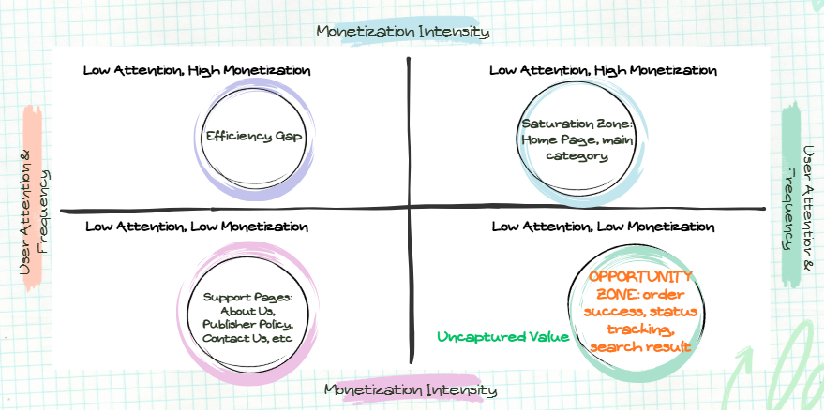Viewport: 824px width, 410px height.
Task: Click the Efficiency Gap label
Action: pyautogui.click(x=247, y=136)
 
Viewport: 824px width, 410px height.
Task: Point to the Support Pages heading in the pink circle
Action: pyautogui.click(x=247, y=297)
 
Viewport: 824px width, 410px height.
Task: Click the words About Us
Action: pyautogui.click(x=247, y=310)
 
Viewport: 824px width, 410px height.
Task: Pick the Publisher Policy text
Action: pyautogui.click(x=247, y=323)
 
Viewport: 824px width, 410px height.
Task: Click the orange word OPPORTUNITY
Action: pyautogui.click(x=642, y=276)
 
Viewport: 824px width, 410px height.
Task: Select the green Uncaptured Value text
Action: pyautogui.click(x=502, y=336)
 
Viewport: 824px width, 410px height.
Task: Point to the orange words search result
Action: pyautogui.click(x=641, y=347)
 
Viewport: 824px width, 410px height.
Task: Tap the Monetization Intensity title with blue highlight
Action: pyautogui.click(x=403, y=31)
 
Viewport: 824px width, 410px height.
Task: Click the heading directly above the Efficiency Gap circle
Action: pyautogui.click(x=197, y=70)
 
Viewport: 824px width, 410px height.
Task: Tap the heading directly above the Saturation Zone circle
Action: pyautogui.click(x=603, y=70)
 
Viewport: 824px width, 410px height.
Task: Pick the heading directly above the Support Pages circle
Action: pyautogui.click(x=196, y=227)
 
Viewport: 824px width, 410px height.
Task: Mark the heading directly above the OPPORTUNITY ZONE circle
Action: pyautogui.click(x=603, y=227)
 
